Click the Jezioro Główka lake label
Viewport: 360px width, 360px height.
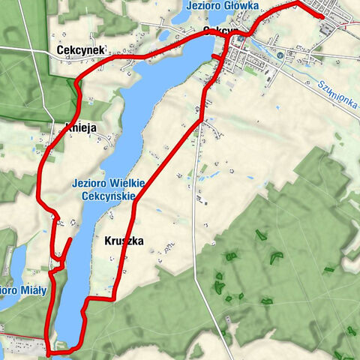[221, 6]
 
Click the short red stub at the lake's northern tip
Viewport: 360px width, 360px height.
[216, 56]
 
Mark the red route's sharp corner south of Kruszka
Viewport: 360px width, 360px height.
[115, 298]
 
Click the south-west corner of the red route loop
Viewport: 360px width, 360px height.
[49, 351]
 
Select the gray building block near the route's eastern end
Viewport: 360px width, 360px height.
[328, 28]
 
